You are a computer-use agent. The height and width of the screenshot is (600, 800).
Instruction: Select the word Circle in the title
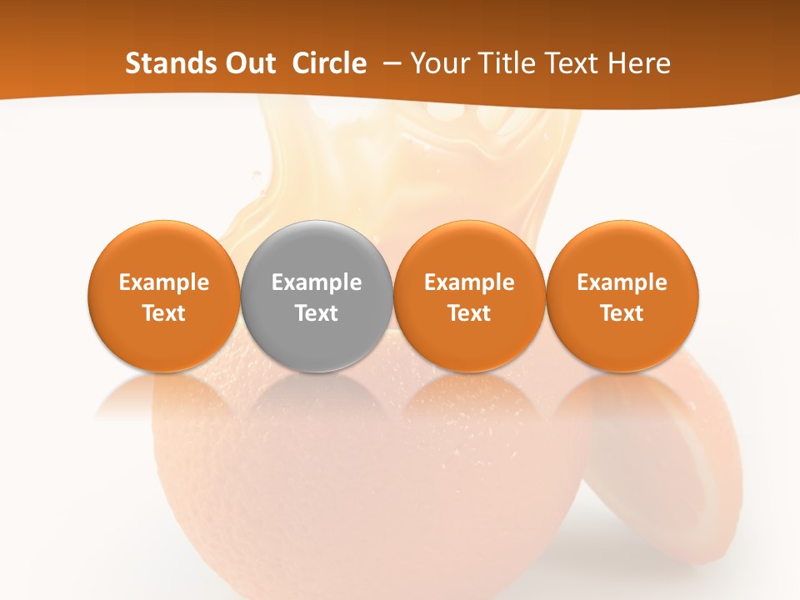click(x=329, y=63)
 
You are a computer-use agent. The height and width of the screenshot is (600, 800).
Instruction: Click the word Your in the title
click(x=438, y=63)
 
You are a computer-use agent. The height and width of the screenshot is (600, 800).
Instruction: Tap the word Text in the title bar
click(x=567, y=63)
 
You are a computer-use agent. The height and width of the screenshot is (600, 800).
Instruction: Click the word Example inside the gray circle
click(x=317, y=282)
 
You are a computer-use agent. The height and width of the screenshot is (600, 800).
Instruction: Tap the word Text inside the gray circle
click(x=317, y=313)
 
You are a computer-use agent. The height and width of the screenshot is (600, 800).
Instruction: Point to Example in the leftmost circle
click(x=163, y=282)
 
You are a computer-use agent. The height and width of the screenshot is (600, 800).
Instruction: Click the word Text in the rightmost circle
click(x=622, y=313)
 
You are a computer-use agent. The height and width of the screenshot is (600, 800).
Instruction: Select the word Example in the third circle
click(x=469, y=282)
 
